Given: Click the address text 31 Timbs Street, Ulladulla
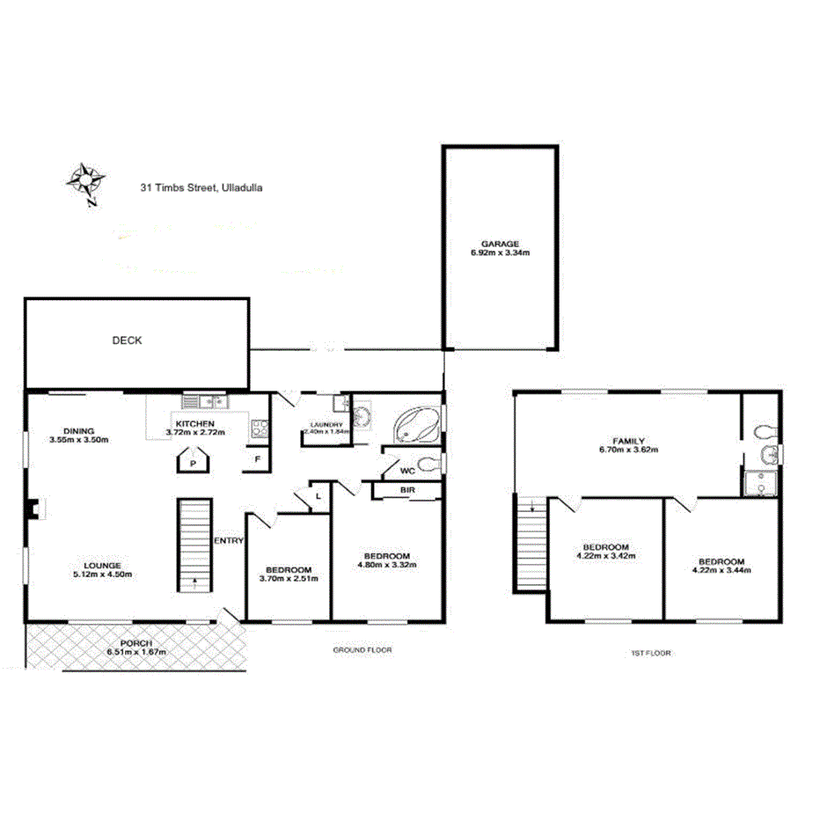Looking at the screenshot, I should [201, 187].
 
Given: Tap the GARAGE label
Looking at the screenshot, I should [499, 244].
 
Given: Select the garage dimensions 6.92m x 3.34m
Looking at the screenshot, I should [499, 253].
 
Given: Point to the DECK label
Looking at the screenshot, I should [127, 340].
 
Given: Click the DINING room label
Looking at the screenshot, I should [78, 430].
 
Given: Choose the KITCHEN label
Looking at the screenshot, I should [194, 423].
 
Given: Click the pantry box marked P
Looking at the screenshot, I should [191, 463].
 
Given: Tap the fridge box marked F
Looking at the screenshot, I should [257, 459].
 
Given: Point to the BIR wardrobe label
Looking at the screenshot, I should [407, 489].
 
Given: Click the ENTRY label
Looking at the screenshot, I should [229, 540].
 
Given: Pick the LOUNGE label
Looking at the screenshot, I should [102, 565].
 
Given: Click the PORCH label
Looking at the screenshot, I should [136, 643].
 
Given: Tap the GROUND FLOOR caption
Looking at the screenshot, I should [362, 650].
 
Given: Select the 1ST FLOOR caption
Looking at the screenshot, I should [650, 654].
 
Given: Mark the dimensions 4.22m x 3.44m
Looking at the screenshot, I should [721, 571].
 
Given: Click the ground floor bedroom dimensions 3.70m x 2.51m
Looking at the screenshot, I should [289, 578].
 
